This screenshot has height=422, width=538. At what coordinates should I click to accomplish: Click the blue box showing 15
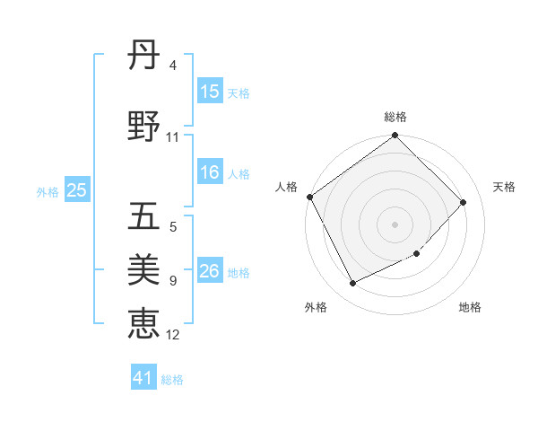[210, 92]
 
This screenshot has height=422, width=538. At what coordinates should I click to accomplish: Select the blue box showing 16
[210, 173]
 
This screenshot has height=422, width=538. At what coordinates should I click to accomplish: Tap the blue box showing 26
[210, 272]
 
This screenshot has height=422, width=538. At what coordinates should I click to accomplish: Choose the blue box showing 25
[76, 190]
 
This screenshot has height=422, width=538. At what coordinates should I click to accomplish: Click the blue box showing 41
[143, 378]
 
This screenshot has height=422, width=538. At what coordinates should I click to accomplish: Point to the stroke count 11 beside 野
[173, 137]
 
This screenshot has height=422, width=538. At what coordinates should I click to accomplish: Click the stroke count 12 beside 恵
[173, 335]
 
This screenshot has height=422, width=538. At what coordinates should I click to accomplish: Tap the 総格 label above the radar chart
[395, 117]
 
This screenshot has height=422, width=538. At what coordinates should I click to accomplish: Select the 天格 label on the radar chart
[504, 187]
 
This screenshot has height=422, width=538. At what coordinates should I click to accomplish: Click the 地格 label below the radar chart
[470, 307]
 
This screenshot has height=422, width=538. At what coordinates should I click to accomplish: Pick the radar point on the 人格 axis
[309, 197]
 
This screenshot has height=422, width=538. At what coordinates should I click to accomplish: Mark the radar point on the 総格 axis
[395, 136]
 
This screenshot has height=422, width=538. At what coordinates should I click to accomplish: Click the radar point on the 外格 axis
[352, 284]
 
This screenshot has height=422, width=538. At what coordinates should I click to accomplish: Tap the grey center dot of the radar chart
[395, 224]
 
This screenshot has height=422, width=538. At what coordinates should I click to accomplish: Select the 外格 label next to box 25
[48, 191]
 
